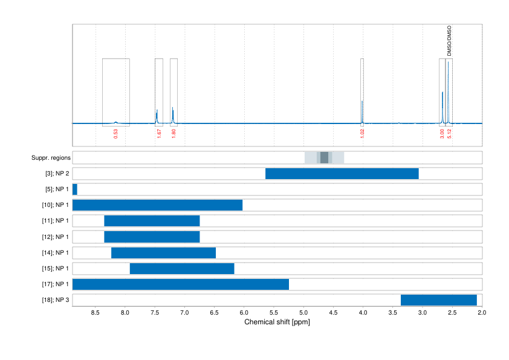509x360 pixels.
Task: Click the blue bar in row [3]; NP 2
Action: coord(342,174)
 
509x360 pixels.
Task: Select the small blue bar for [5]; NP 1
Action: coord(75,189)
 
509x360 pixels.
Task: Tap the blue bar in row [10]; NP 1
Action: coord(157,205)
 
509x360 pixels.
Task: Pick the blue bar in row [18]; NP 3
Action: coord(439,299)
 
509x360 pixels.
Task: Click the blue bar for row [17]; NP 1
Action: coord(181,284)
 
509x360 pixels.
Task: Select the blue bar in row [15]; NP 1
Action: coord(182,268)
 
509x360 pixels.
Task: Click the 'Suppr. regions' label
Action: coord(51,158)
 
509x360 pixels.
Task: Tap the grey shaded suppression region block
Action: coord(325,158)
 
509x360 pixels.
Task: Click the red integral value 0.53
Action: coord(115,134)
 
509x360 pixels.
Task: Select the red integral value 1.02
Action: coord(362,134)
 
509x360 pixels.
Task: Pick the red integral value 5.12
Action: coord(450,134)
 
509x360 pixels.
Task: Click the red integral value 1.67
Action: coord(159,134)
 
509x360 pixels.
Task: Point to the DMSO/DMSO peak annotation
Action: coord(449,41)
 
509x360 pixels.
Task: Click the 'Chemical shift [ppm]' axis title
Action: coord(277,322)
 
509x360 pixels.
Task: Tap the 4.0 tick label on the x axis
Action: coord(363,313)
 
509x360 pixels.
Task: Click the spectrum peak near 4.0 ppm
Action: coord(362,112)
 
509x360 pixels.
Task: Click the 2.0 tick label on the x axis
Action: coord(481,313)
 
